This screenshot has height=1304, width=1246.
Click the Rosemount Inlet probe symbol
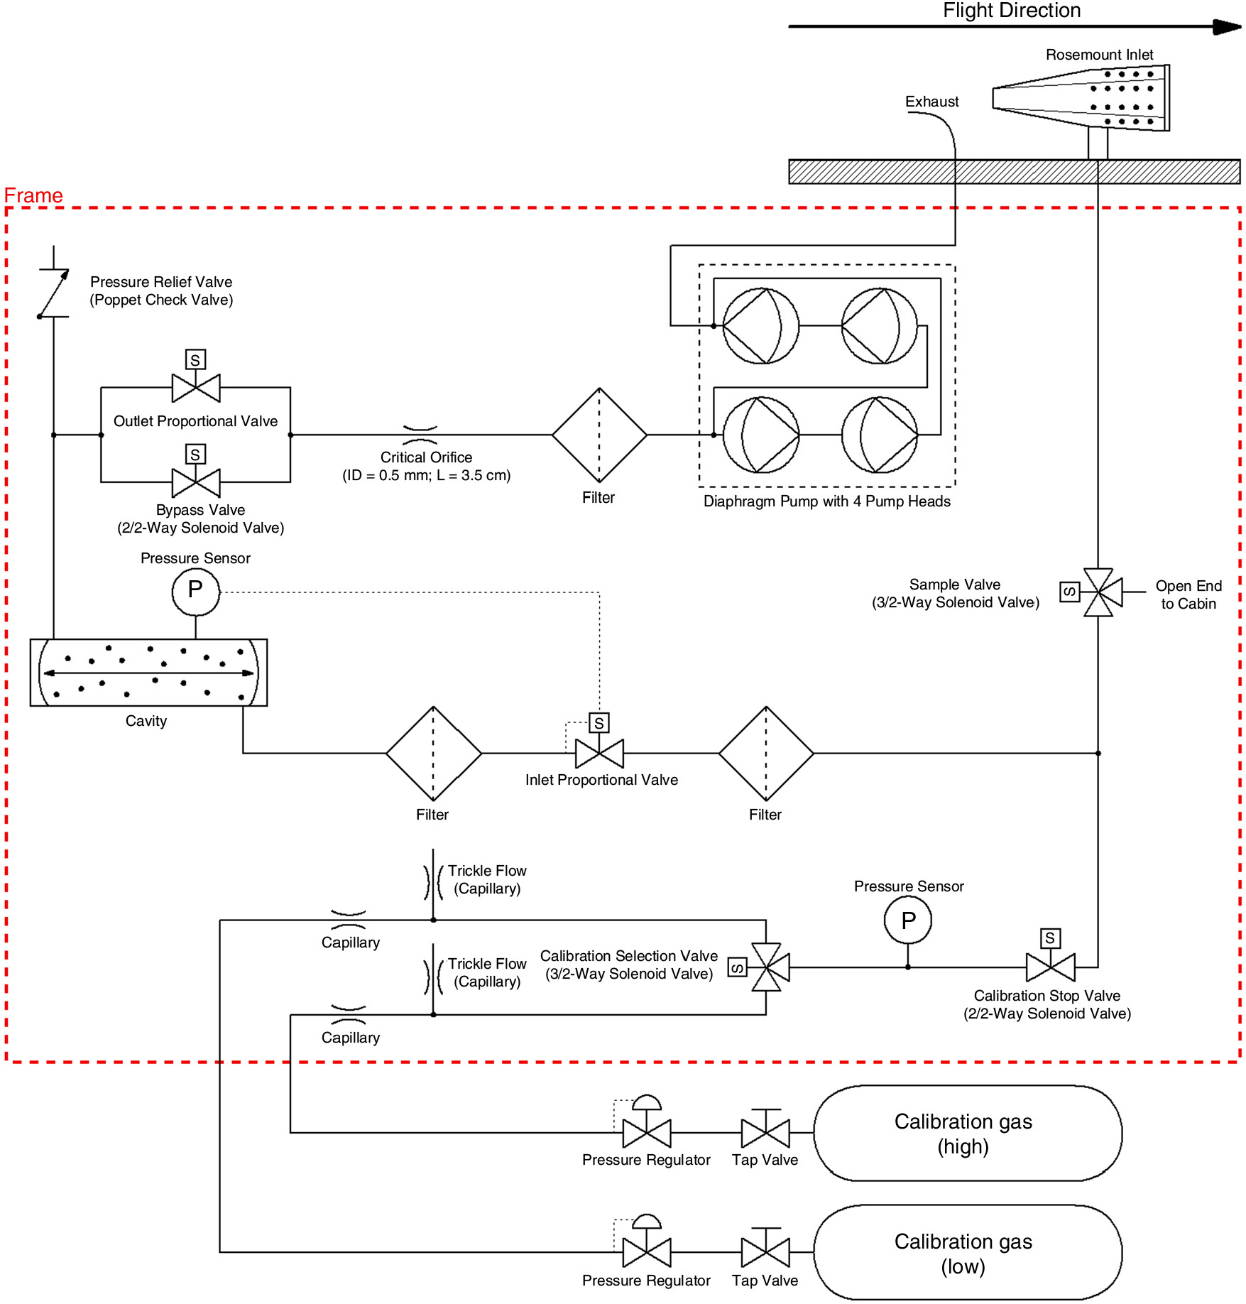pyautogui.click(x=1081, y=98)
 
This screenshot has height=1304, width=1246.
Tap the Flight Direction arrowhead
pyautogui.click(x=1227, y=27)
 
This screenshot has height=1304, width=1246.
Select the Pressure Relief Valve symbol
pyautogui.click(x=54, y=293)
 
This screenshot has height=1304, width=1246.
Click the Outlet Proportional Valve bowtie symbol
pyautogui.click(x=196, y=388)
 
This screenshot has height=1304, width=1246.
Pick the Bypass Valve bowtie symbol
pyautogui.click(x=196, y=483)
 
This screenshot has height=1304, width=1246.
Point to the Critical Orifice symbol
pyautogui.click(x=420, y=435)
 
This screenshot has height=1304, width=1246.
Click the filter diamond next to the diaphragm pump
pyautogui.click(x=600, y=435)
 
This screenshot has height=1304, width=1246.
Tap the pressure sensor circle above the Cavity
pyautogui.click(x=196, y=592)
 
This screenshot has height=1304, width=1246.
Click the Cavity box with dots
pyautogui.click(x=148, y=673)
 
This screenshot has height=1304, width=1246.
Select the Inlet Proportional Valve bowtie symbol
pyautogui.click(x=600, y=753)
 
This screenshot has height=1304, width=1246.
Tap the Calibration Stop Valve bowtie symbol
pyautogui.click(x=1051, y=967)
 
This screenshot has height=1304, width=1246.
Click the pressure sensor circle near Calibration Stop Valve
pyautogui.click(x=908, y=920)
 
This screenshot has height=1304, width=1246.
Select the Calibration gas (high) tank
pyautogui.click(x=968, y=1133)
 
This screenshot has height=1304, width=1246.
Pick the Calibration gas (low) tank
pyautogui.click(x=968, y=1252)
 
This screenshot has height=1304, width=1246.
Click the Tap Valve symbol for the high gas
pyautogui.click(x=765, y=1129)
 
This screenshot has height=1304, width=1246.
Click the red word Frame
pyautogui.click(x=33, y=195)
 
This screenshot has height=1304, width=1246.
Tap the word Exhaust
pyautogui.click(x=931, y=102)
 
